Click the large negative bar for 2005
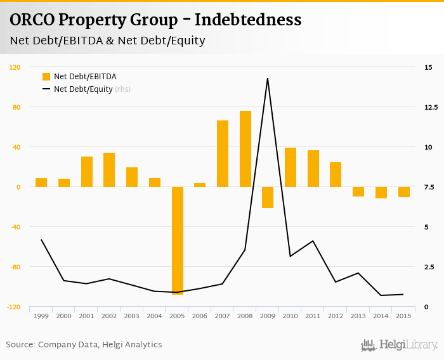pos(177,241)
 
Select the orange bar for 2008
pos(245,149)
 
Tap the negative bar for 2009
pos(268,197)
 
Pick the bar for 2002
pos(109,170)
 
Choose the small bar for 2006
pos(200,185)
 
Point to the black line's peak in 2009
pos(268,79)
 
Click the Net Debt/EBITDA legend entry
pos(84,77)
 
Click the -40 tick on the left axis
pos(15,227)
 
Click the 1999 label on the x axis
pos(41,316)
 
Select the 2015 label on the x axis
pos(403,316)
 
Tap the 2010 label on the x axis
pos(291,316)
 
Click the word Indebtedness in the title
pos(248,20)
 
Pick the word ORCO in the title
pos(31,20)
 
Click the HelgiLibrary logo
pos(399,345)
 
